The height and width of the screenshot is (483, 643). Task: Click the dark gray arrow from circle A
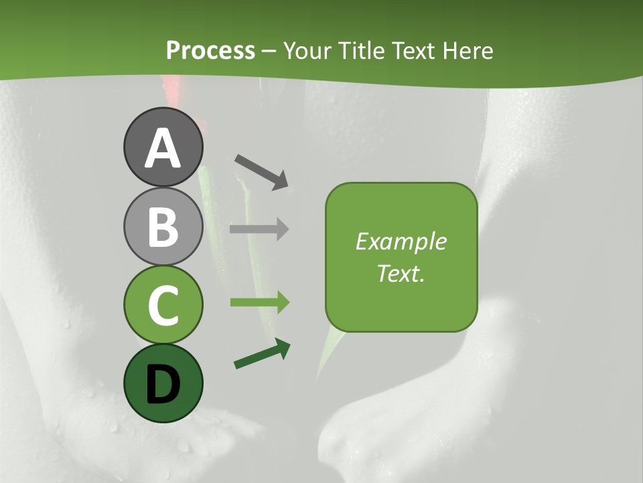tap(261, 170)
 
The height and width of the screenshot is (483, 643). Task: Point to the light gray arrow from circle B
tap(259, 229)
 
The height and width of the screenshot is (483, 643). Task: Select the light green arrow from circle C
tap(259, 303)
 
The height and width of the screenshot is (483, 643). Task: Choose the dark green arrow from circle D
tap(262, 354)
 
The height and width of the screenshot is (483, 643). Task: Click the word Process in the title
tap(210, 50)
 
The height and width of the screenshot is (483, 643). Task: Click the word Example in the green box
tap(401, 241)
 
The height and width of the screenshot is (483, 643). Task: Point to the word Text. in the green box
tap(401, 273)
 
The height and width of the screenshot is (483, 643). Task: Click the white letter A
tap(163, 149)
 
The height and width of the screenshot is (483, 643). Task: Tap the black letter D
tap(163, 385)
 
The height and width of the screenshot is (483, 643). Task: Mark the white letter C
tap(163, 306)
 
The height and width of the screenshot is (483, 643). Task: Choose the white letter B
tap(163, 227)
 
